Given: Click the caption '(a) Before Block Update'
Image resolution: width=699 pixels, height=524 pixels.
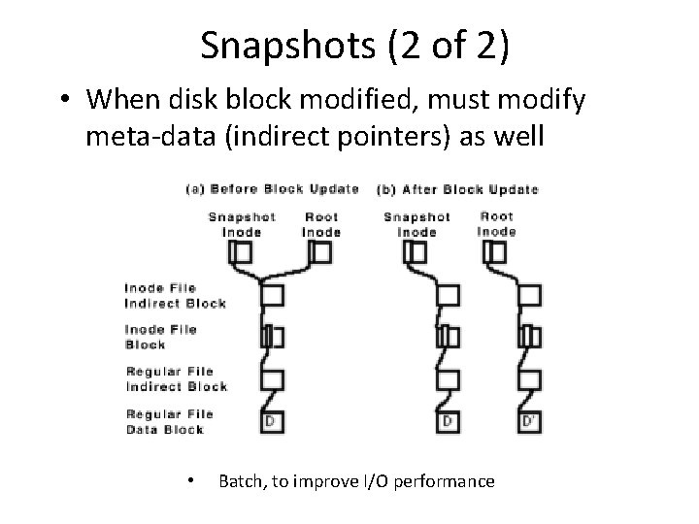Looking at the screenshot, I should [272, 188].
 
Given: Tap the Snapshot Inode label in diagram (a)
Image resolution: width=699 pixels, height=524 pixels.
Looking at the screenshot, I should [242, 224].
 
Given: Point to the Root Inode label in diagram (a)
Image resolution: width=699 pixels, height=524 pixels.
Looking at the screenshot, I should [321, 224].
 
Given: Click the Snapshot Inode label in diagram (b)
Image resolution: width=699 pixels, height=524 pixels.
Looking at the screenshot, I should [417, 224].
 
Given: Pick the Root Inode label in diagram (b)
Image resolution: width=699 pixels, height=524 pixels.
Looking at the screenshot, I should [497, 224].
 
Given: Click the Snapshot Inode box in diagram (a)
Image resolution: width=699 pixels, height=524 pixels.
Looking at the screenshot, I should [241, 252].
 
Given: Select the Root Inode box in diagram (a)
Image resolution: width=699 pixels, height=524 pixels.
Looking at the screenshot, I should [321, 252].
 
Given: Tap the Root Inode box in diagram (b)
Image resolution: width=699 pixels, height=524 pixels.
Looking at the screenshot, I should [496, 252].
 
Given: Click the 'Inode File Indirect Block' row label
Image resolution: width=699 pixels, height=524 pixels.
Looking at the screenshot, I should [175, 295].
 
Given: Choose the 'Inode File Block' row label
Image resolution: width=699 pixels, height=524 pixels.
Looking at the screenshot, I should [160, 337].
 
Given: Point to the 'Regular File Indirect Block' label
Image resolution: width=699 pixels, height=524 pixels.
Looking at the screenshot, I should [176, 378].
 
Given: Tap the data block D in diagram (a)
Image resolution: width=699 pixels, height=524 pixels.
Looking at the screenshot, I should [273, 421].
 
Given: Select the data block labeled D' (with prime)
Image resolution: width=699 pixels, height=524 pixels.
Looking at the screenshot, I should [530, 421].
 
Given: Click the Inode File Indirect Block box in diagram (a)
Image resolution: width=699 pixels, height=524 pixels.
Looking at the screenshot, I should [273, 294].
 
